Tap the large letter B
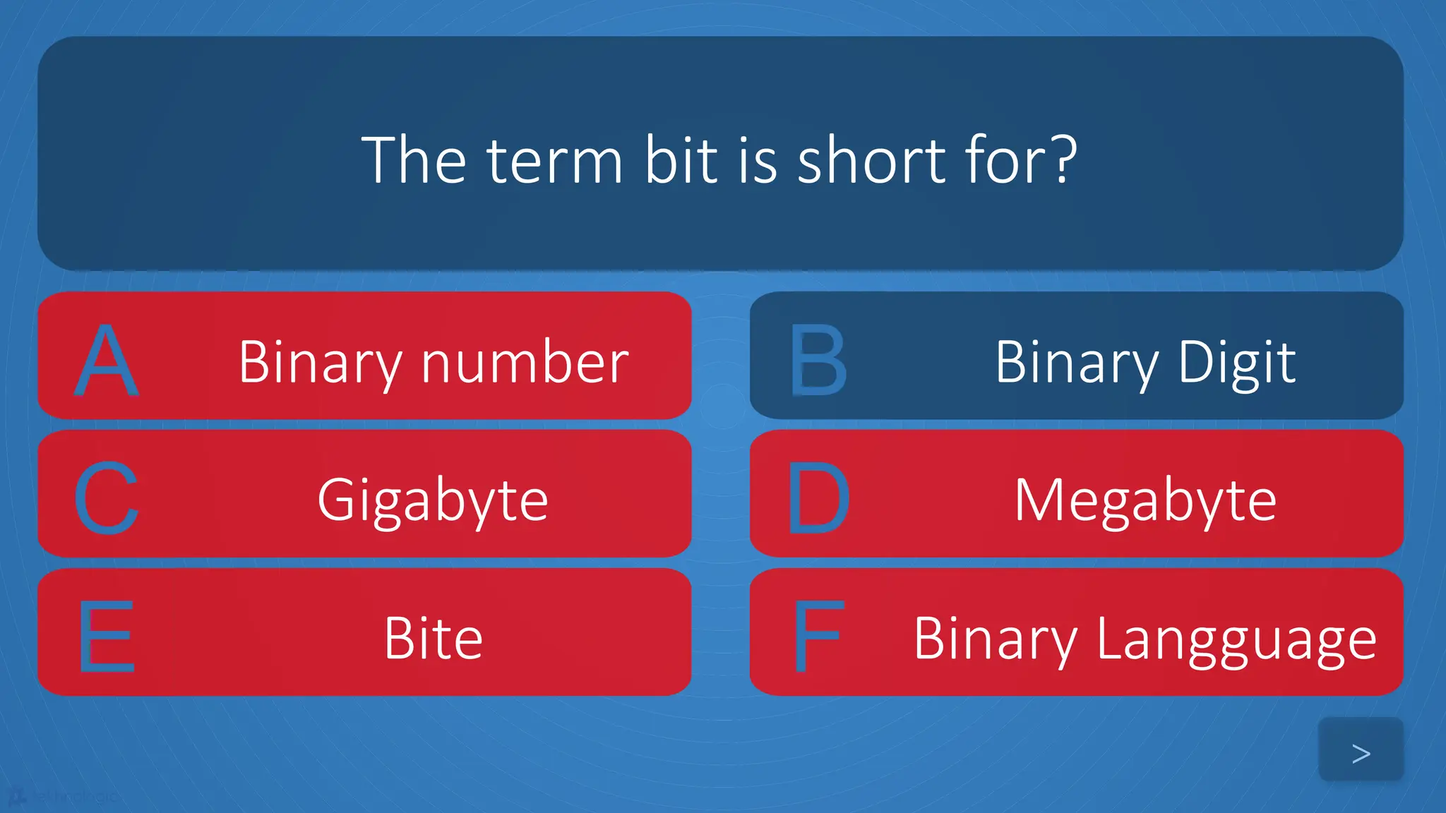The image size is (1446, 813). pyautogui.click(x=818, y=360)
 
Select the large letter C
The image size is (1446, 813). pyautogui.click(x=106, y=498)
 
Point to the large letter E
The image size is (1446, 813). pyautogui.click(x=106, y=637)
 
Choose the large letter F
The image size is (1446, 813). pyautogui.click(x=818, y=637)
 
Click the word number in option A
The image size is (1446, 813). pyautogui.click(x=525, y=362)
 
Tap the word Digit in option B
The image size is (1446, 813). pyautogui.click(x=1236, y=362)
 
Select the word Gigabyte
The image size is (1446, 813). pyautogui.click(x=433, y=500)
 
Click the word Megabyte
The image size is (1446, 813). pyautogui.click(x=1145, y=500)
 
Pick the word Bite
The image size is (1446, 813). pyautogui.click(x=433, y=639)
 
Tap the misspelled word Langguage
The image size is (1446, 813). pyautogui.click(x=1236, y=640)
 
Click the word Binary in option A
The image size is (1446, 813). pyautogui.click(x=320, y=362)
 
